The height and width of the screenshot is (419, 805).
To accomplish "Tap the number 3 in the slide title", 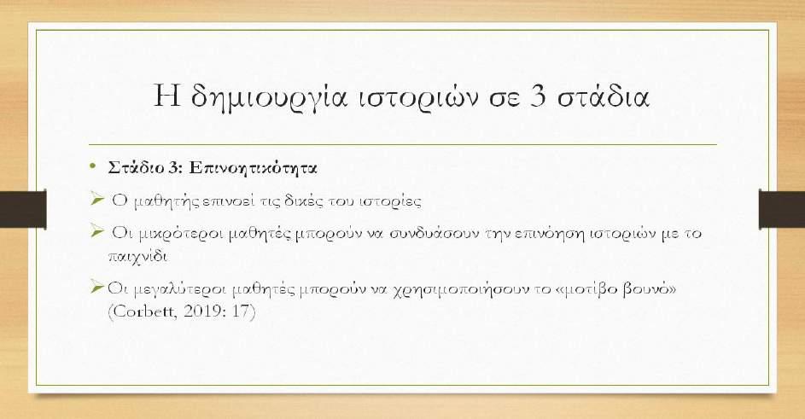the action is coord(537,96).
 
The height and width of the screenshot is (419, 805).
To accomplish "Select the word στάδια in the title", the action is coord(604,96).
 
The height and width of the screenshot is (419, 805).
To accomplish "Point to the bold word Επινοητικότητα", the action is coord(253,168).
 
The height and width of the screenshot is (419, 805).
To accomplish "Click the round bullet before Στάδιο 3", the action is coord(92,166).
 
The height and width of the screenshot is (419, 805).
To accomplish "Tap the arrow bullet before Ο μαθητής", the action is coord(96,198).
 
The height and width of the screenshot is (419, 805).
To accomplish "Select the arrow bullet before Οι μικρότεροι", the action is coord(96,230).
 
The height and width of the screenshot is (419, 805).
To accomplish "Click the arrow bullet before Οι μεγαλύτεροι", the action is coord(96,287).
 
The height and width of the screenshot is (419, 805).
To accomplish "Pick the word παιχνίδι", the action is coord(137,255).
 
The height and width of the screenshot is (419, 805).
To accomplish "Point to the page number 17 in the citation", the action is coord(240,311).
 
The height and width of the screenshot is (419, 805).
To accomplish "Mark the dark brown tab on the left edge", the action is coord(23,208).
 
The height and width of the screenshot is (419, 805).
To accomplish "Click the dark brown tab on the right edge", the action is coord(782,208).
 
